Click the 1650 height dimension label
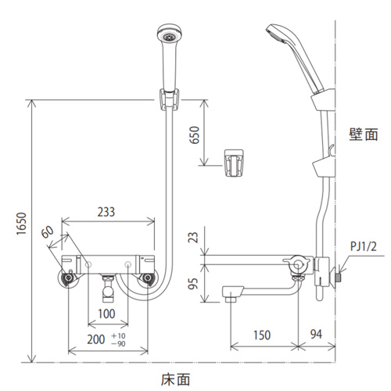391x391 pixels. point(22,224)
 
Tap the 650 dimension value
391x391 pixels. point(195,135)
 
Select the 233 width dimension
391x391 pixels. point(106,212)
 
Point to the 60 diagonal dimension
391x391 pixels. point(47,231)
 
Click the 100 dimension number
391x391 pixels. point(106,314)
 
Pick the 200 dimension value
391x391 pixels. point(96,339)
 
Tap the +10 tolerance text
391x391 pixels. point(118,335)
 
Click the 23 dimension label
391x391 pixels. point(193,237)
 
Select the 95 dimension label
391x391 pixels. point(193,283)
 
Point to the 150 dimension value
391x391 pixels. point(262,335)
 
